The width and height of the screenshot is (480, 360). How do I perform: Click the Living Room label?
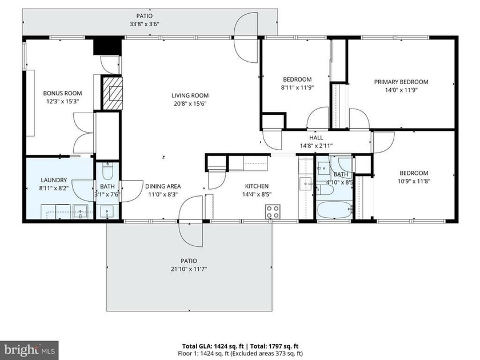(x=190, y=95)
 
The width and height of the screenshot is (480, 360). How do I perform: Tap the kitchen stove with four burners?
(x=273, y=212)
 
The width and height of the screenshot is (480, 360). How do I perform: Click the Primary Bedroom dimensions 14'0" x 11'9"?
(x=401, y=90)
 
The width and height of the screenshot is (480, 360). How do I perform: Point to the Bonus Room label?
(x=62, y=93)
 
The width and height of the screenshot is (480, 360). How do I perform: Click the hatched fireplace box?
(x=113, y=93)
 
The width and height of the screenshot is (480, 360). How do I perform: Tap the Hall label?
(x=316, y=138)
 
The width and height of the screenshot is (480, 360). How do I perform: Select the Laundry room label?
(x=54, y=180)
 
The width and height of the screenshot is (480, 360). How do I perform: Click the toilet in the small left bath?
(x=108, y=171)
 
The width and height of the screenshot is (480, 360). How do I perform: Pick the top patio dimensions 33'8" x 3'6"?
(x=144, y=24)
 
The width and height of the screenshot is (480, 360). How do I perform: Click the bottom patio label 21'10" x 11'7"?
(x=189, y=269)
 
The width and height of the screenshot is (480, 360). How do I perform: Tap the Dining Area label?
(x=163, y=186)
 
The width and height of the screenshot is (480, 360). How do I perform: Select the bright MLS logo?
(x=29, y=350)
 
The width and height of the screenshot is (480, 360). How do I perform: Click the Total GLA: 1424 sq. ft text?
(x=213, y=346)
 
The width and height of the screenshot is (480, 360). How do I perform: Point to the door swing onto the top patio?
(x=246, y=37)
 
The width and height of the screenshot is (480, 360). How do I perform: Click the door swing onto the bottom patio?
(x=191, y=221)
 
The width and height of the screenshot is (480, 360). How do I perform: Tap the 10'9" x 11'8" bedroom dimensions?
(x=414, y=181)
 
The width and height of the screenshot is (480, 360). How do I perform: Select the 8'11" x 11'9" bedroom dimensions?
(x=297, y=87)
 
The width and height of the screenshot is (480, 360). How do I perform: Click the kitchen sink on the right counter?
(x=306, y=184)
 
